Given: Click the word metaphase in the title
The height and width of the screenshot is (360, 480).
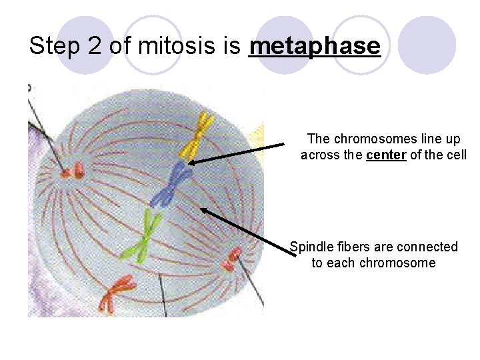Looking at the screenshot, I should [x=314, y=47].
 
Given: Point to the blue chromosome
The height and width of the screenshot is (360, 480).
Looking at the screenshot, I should [x=175, y=184].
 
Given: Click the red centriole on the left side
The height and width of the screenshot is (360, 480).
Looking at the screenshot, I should [x=72, y=171].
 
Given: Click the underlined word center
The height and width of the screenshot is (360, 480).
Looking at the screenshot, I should [x=386, y=155].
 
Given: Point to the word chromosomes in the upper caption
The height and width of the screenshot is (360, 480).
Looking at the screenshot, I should [x=372, y=139].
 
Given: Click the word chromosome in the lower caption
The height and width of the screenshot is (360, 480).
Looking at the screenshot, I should [x=397, y=263].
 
